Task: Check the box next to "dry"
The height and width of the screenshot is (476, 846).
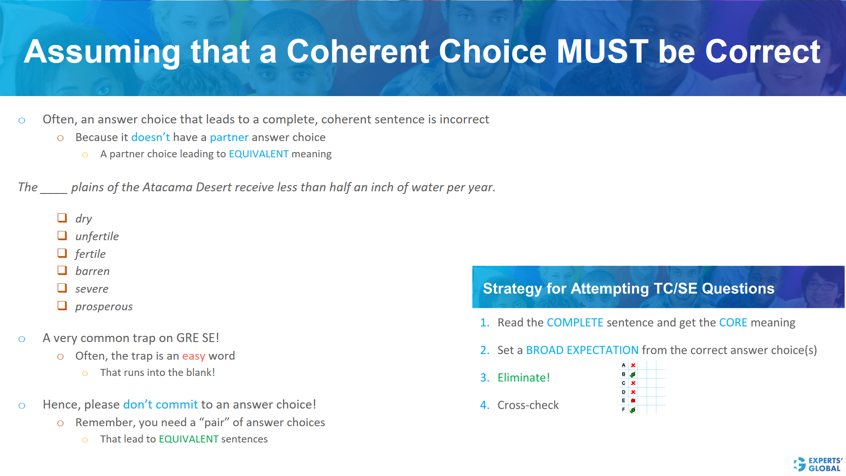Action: pyautogui.click(x=62, y=218)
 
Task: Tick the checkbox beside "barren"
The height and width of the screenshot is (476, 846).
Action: pyautogui.click(x=62, y=270)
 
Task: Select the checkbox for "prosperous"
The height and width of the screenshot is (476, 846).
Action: pyautogui.click(x=62, y=305)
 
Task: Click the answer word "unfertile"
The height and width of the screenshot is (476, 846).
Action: pyautogui.click(x=97, y=236)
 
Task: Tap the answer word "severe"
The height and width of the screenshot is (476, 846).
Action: pyautogui.click(x=92, y=289)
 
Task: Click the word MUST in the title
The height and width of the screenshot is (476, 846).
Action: pyautogui.click(x=602, y=52)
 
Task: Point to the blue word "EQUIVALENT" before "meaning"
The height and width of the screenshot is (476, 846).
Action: pyautogui.click(x=259, y=154)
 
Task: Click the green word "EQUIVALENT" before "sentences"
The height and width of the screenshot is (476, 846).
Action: pyautogui.click(x=189, y=439)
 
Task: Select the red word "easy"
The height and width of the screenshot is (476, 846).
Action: pyautogui.click(x=193, y=356)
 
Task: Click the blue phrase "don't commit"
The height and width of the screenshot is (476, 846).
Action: pyautogui.click(x=160, y=404)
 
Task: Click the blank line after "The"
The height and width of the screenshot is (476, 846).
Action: pyautogui.click(x=53, y=190)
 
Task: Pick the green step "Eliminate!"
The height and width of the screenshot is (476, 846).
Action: pyautogui.click(x=523, y=377)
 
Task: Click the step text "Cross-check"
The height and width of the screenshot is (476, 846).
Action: pyautogui.click(x=528, y=405)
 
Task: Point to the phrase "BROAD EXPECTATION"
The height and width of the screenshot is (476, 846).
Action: pyautogui.click(x=582, y=350)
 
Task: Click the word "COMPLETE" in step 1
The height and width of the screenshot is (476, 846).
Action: pyautogui.click(x=575, y=323)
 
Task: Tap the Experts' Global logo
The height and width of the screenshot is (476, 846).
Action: pyautogui.click(x=818, y=464)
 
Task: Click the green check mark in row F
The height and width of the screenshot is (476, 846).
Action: pyautogui.click(x=633, y=410)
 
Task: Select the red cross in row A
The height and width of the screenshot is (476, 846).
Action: pyautogui.click(x=633, y=365)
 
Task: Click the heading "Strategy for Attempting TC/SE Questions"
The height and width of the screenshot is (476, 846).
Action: pyautogui.click(x=628, y=288)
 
